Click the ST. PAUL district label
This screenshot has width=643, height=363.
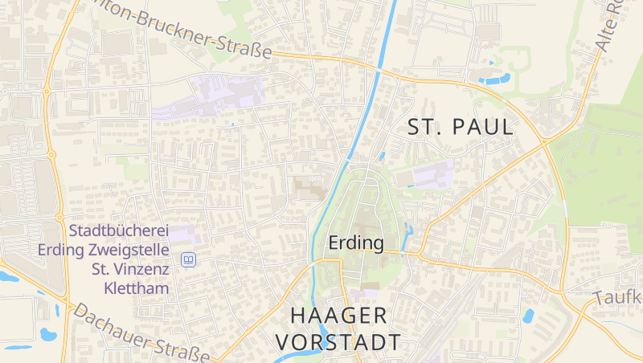460,127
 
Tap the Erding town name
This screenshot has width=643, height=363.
356,242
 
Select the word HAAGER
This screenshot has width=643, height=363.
338,315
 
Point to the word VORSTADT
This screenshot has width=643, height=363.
338,341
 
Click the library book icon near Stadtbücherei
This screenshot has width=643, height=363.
188,259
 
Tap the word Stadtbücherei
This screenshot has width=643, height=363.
118,230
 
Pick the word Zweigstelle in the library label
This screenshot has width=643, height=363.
128,250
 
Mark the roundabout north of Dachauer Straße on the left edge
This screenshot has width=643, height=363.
59,218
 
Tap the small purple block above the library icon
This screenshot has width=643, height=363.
184,235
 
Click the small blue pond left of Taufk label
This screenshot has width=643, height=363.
527,316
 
